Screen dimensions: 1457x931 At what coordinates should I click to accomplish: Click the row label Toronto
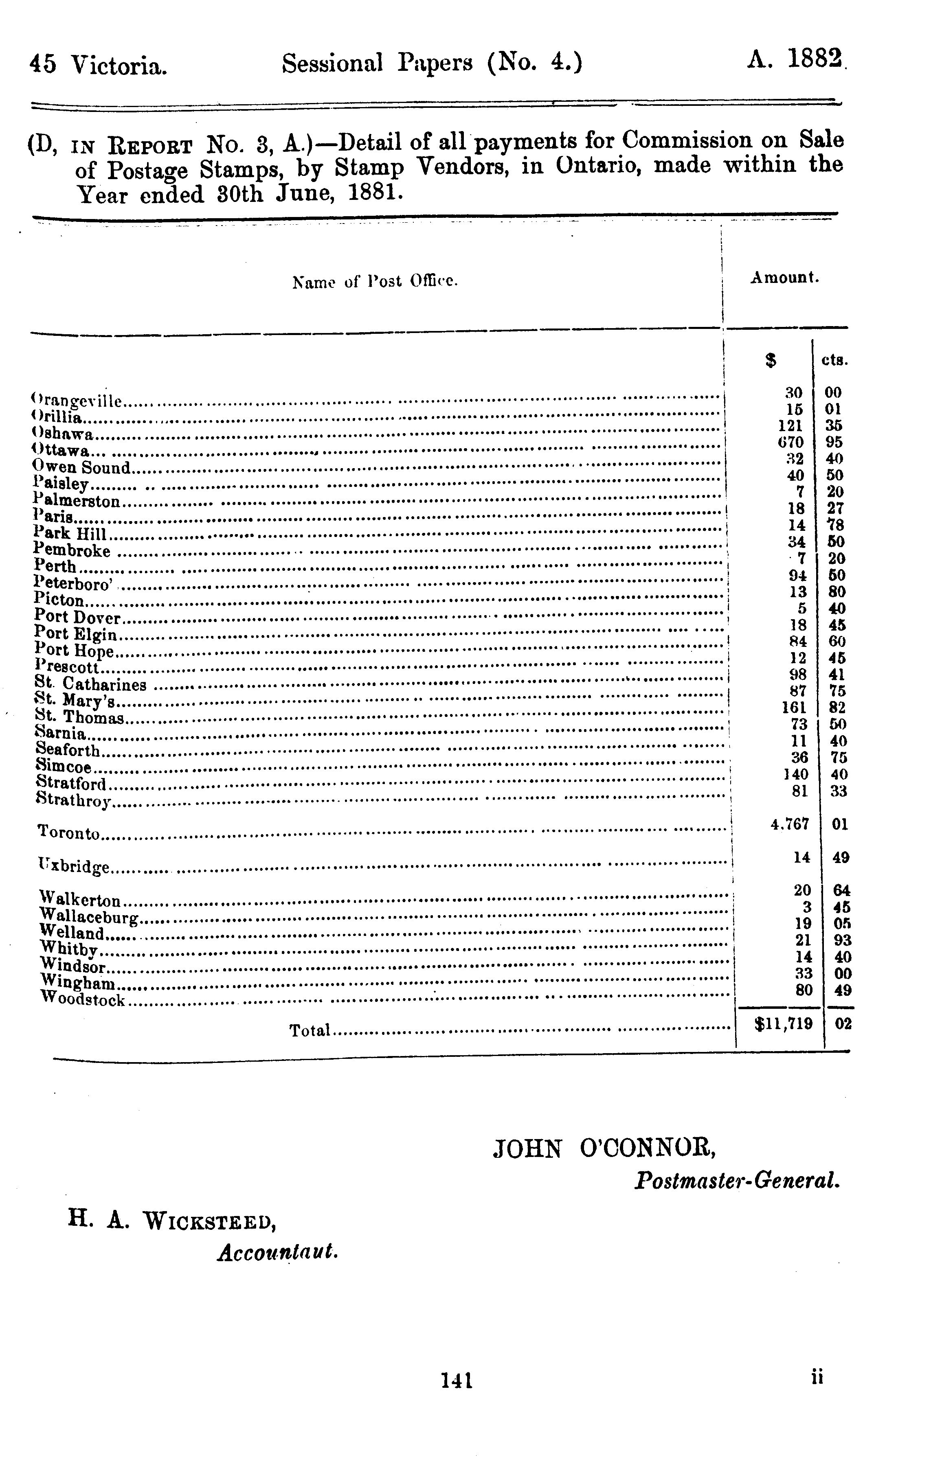[x=68, y=833]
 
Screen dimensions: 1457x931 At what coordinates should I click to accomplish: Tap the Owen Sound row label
[x=82, y=467]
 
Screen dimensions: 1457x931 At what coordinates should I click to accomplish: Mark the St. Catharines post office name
[x=91, y=684]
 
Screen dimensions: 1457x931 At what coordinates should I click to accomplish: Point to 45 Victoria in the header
[x=98, y=65]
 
